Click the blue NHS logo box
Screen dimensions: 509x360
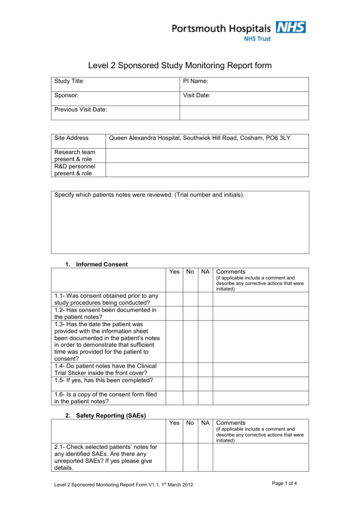pos(291,27)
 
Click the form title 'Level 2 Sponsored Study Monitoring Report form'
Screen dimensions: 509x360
pos(180,66)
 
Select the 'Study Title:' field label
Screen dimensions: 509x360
pos(70,81)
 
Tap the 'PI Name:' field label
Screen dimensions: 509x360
pos(195,81)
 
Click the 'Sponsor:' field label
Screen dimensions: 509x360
pos(67,95)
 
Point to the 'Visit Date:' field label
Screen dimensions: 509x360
pos(197,95)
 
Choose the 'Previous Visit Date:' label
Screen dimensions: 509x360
pos(81,109)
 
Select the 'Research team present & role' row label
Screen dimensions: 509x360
pos(75,156)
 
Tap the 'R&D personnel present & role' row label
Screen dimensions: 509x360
pos(75,170)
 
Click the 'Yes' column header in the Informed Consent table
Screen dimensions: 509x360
pos(174,272)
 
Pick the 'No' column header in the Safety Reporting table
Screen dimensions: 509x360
pos(190,423)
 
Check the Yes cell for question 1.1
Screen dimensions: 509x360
pos(174,299)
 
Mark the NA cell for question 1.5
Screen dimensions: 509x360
pos(205,383)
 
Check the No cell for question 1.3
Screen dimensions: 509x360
pos(190,341)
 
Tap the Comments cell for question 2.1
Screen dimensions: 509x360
pos(261,457)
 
